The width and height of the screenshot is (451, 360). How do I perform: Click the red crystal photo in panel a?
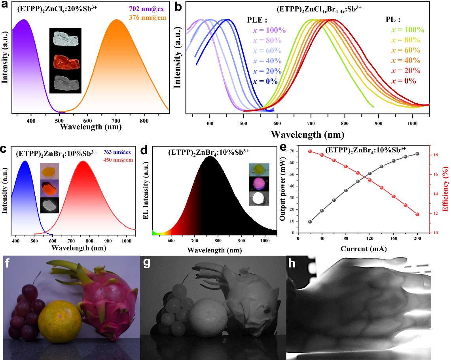click(65, 61)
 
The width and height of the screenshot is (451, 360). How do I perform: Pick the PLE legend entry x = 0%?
click(266, 81)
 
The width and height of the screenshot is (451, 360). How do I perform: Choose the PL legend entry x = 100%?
click(408, 30)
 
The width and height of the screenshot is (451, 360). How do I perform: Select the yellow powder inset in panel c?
click(49, 171)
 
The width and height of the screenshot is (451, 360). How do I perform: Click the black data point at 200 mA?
click(417, 153)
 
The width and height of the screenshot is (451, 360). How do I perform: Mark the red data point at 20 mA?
click(310, 151)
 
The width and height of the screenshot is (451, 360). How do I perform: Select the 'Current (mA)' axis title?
click(364, 249)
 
